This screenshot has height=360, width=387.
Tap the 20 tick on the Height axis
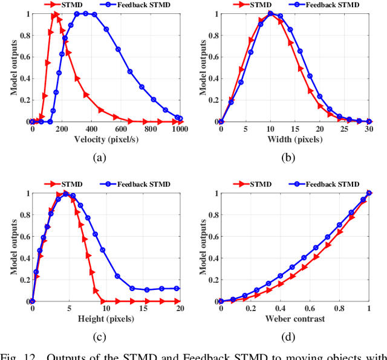(180, 309)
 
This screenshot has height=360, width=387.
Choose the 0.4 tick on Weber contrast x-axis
(280, 309)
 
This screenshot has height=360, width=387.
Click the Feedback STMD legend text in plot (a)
(145, 4)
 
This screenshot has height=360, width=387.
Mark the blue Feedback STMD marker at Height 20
(177, 289)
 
